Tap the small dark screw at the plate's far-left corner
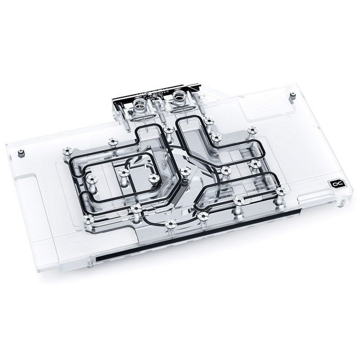coord(21,153)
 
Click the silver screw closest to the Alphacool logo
coord(280,192)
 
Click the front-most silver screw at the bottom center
coord(170,224)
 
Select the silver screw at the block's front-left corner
coord(89,219)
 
